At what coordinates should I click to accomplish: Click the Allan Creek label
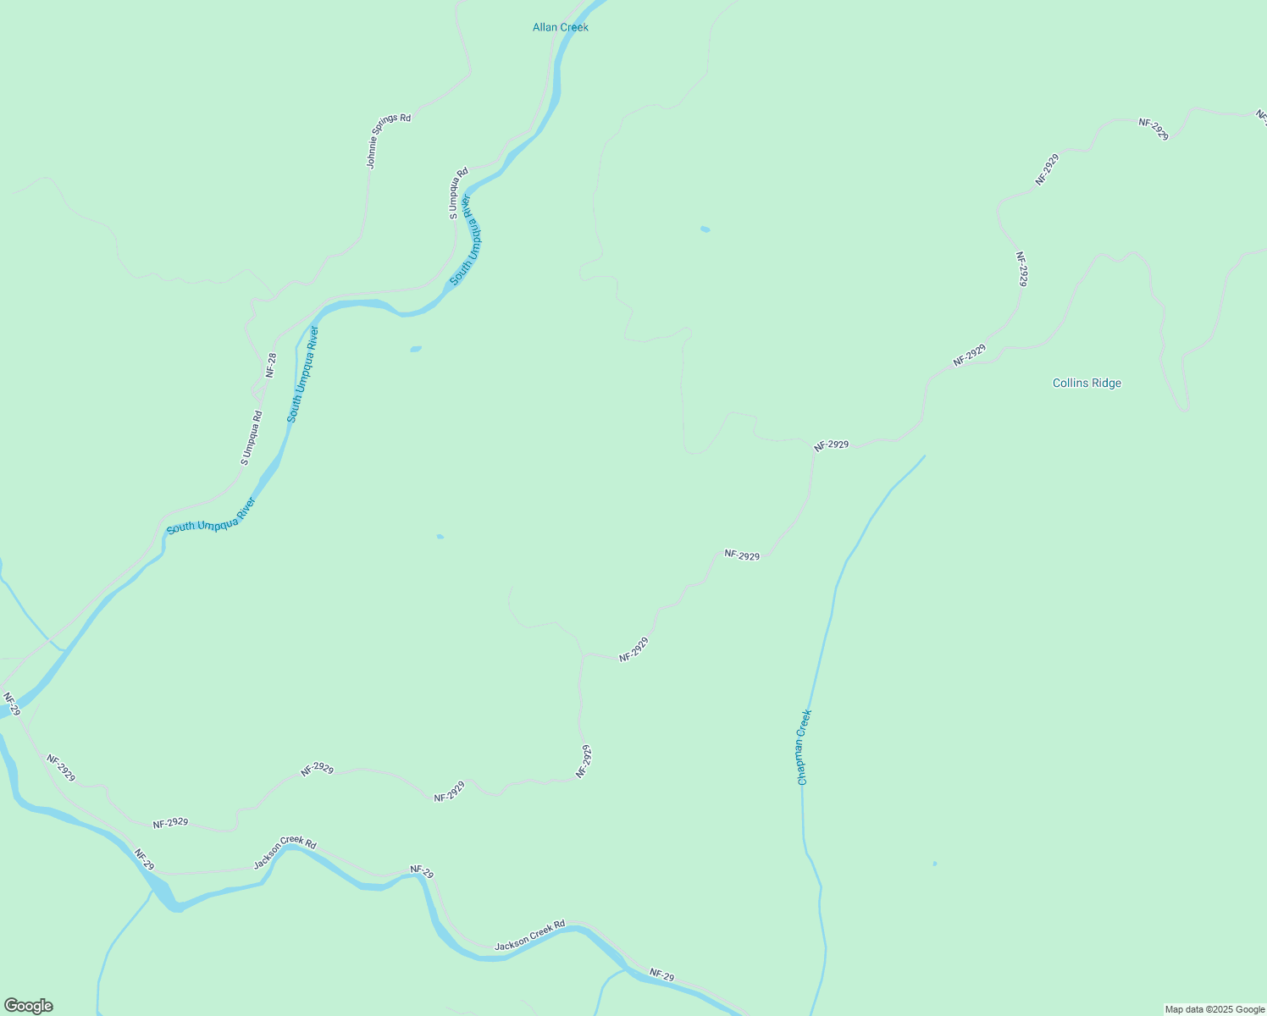tap(560, 27)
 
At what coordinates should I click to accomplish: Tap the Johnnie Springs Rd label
tap(389, 141)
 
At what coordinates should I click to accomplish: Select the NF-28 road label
tap(271, 365)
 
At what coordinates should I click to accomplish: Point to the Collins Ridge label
tap(1087, 383)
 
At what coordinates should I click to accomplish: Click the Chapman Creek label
tap(804, 748)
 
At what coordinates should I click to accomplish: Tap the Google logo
tap(28, 1006)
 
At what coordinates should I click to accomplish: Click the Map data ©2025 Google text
tap(1214, 1009)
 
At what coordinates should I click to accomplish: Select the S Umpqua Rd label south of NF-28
tap(252, 438)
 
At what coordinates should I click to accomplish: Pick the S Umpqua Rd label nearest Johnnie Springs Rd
tap(458, 194)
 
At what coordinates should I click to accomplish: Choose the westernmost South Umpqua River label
tap(211, 516)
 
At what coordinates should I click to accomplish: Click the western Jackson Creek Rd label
tap(285, 853)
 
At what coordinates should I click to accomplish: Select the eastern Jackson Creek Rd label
tap(529, 935)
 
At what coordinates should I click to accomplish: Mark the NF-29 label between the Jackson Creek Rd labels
tap(421, 872)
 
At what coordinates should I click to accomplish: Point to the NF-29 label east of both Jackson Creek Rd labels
tap(662, 975)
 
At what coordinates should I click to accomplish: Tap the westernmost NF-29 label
tap(11, 703)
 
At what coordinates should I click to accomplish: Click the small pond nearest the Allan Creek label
tap(705, 229)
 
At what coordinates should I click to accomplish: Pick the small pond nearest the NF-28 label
tap(415, 349)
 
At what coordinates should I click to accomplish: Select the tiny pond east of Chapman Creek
tap(934, 864)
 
